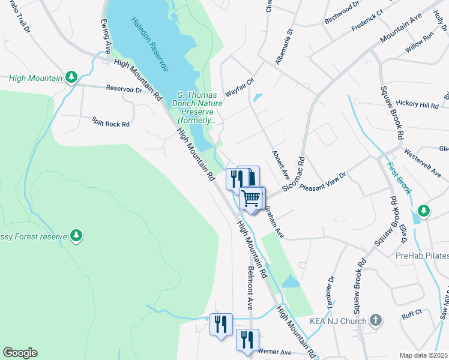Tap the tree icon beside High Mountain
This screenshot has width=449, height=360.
pyautogui.click(x=71, y=77)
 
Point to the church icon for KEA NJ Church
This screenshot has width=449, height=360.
pyautogui.click(x=376, y=320)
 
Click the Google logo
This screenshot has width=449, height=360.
pyautogui.click(x=20, y=353)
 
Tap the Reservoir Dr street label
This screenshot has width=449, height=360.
pyautogui.click(x=124, y=89)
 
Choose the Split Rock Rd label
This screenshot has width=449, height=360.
pyautogui.click(x=110, y=123)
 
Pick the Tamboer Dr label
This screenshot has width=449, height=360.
pyautogui.click(x=331, y=289)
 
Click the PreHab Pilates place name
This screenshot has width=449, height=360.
pyautogui.click(x=422, y=256)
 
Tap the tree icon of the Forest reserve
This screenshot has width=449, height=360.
pyautogui.click(x=76, y=236)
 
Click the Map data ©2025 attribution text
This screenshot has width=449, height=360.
pyautogui.click(x=423, y=355)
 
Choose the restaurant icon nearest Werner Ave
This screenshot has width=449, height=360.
pyautogui.click(x=247, y=339)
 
